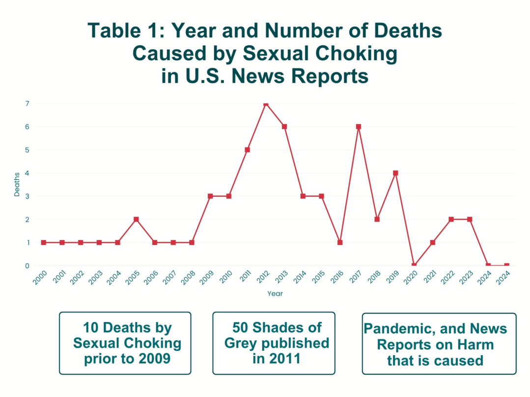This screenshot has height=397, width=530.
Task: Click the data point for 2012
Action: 266,104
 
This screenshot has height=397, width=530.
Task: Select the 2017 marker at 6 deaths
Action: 359,127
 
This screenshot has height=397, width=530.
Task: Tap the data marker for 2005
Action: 136,219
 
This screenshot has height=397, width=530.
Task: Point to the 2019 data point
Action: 395,173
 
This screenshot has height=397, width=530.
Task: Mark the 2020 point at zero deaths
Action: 414,265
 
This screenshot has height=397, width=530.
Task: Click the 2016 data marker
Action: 340,242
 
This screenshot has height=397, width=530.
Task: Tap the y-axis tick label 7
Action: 28,104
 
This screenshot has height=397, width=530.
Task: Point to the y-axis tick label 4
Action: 28,173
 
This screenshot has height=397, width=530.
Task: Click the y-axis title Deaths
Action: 17,185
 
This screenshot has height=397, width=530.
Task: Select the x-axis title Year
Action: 275,293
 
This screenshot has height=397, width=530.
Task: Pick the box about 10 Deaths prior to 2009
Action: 125,343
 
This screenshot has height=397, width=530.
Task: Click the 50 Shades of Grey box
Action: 274,343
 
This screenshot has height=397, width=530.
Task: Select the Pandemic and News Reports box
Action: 439,343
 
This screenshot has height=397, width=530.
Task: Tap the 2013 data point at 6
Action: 284,127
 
